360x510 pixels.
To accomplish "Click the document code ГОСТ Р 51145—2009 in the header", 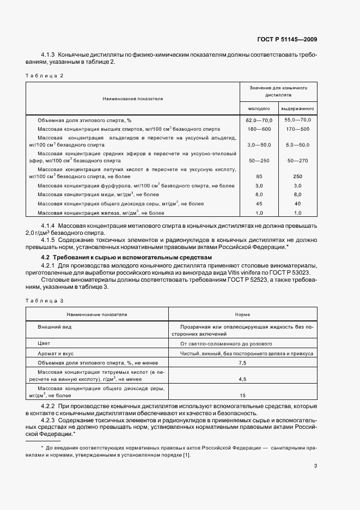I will pyautogui.click(x=287, y=39).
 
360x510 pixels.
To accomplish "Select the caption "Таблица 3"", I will pyautogui.click(x=45, y=300).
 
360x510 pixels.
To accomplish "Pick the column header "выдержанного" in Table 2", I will pyautogui.click(x=297, y=108).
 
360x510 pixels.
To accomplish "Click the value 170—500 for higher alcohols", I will pyautogui.click(x=297, y=129).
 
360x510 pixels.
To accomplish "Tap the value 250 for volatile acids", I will pyautogui.click(x=297, y=176).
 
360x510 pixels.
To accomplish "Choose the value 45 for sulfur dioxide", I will pyautogui.click(x=259, y=203).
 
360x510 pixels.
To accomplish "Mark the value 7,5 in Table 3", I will pyautogui.click(x=242, y=362).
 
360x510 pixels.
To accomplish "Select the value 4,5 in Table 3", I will pyautogui.click(x=242, y=378).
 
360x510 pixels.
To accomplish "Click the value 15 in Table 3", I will pyautogui.click(x=242, y=395).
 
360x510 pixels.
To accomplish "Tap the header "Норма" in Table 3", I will pyautogui.click(x=242, y=314).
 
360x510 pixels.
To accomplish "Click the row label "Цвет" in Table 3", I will pyautogui.click(x=44, y=344).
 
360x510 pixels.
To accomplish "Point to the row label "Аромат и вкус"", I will pyautogui.click(x=55, y=353).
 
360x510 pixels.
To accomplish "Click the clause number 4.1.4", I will pyautogui.click(x=50, y=226).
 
